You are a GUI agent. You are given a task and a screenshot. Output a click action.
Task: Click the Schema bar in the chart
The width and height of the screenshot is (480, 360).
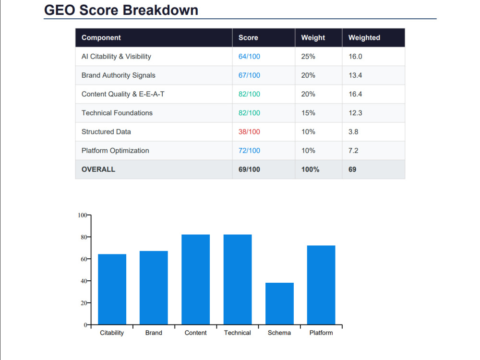point(279,303)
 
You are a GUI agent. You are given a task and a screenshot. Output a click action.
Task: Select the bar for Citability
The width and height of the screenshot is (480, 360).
point(112,289)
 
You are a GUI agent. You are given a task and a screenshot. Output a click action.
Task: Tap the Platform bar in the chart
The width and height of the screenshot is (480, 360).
point(321,285)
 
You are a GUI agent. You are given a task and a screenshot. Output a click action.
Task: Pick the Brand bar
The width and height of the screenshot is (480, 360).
point(154,288)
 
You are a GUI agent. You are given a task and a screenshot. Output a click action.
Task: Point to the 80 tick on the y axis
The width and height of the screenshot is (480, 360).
point(84,237)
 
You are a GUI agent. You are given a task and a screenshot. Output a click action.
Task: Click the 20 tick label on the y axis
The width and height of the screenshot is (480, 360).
point(84,303)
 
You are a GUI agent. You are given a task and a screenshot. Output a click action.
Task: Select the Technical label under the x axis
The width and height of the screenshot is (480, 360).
point(237,333)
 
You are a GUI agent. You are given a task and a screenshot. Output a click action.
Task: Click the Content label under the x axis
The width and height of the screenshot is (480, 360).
point(196,333)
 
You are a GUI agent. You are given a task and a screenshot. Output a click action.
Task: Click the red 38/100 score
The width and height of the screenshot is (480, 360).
point(249,132)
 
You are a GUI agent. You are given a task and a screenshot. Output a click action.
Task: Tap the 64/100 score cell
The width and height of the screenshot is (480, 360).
point(249,56)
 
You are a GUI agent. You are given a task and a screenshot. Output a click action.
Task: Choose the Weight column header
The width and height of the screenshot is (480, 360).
point(313,37)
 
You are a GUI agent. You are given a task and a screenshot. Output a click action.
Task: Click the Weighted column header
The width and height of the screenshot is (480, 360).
point(364,37)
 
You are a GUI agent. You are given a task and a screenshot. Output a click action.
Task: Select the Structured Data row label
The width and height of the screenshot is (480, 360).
point(106,132)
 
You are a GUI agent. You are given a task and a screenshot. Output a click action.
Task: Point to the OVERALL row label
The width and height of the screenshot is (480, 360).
point(98,169)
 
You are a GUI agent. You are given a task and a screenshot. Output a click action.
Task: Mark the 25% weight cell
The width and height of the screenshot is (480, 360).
point(308,56)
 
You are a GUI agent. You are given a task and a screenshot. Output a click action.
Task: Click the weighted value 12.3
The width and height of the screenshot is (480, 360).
point(355,113)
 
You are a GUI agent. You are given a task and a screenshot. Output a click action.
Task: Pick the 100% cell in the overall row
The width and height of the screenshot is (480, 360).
point(310,169)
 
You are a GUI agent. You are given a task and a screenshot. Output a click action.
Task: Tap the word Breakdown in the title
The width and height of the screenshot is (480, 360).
point(160,10)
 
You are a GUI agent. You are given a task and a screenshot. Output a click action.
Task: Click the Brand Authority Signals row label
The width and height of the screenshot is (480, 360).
point(118,75)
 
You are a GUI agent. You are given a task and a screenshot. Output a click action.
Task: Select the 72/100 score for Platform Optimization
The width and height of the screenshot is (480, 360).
point(249,151)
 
